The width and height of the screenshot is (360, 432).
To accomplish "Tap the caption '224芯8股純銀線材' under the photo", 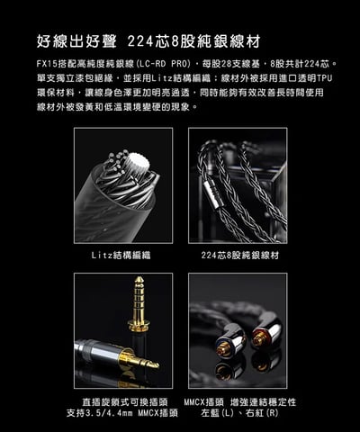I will (239, 256).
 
